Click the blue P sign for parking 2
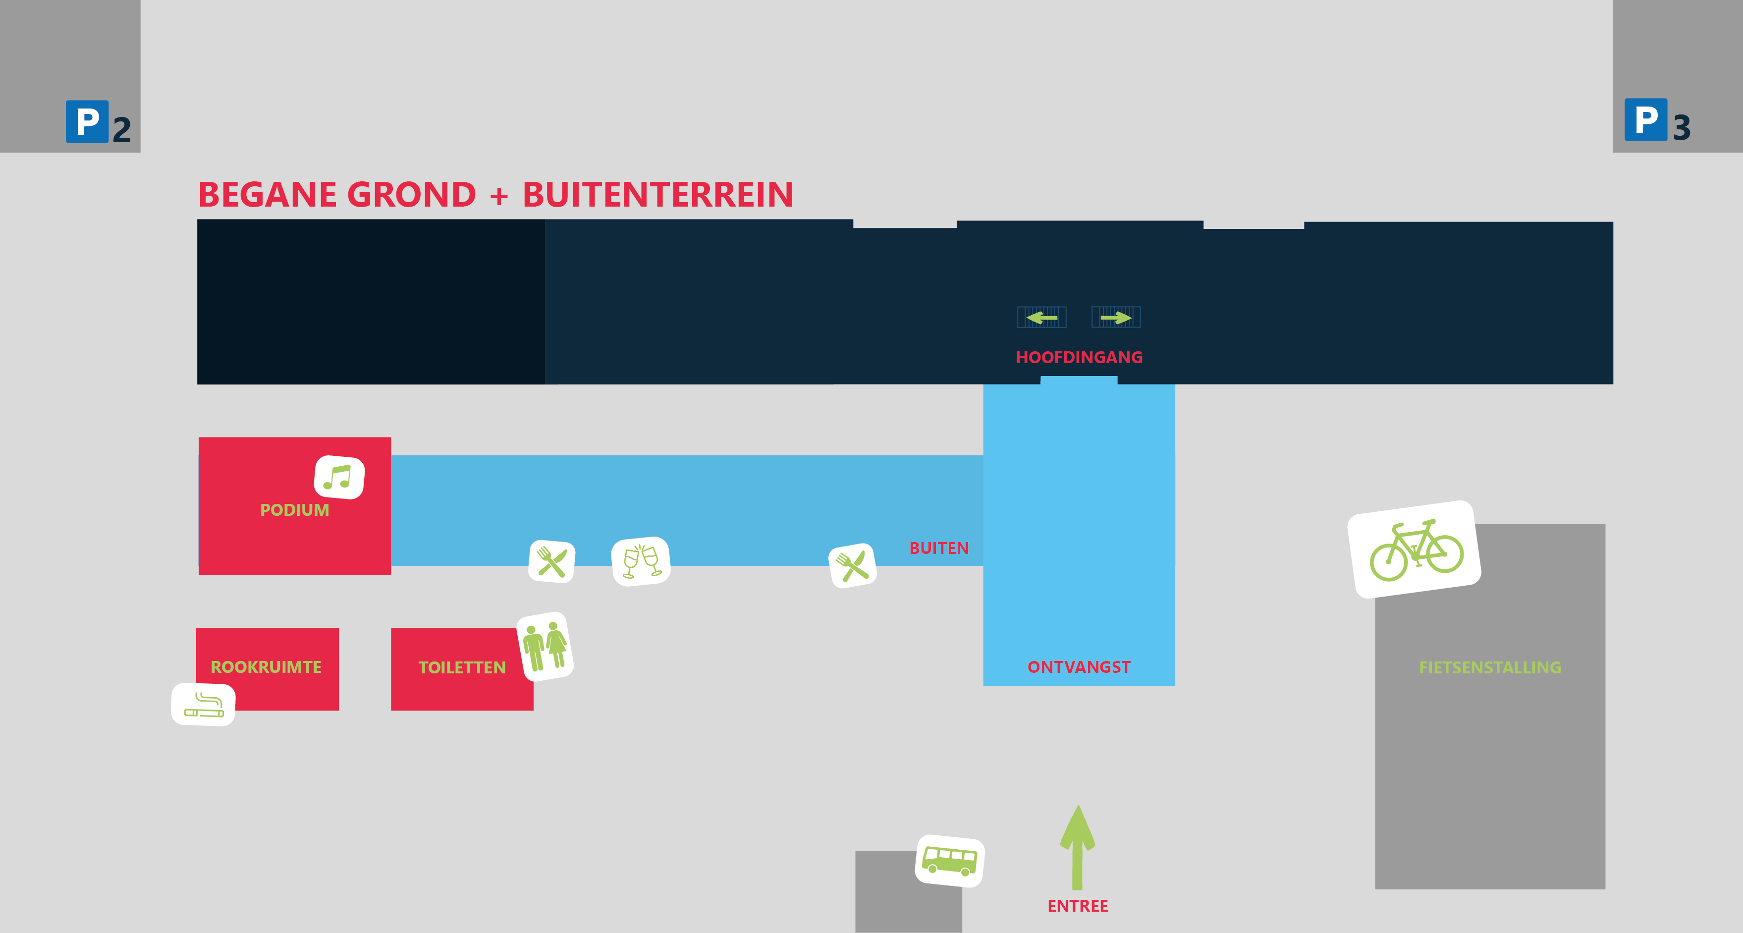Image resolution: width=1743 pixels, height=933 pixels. coord(87,122)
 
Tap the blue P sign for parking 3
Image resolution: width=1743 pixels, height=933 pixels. coord(1645,120)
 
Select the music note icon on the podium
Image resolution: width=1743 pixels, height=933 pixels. coord(339,477)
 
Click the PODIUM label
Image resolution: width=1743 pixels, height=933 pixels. coord(294,510)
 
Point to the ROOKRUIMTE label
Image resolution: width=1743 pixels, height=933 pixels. coord(266,667)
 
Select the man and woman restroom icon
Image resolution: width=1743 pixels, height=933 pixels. coord(545,646)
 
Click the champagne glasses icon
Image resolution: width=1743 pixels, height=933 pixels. coord(641,561)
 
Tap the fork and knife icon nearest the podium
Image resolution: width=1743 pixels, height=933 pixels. coord(552,561)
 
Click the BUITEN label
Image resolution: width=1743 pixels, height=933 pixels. coord(938,548)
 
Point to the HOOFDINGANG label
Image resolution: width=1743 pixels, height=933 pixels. coord(1079,357)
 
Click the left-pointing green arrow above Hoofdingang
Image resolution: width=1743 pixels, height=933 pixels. coord(1041,317)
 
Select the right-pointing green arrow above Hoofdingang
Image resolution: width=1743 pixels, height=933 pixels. coord(1116,317)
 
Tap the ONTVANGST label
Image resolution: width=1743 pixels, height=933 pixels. coord(1079,667)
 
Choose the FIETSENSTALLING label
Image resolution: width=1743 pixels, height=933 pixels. coord(1490,668)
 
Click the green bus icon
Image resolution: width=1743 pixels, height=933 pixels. coord(950,861)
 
